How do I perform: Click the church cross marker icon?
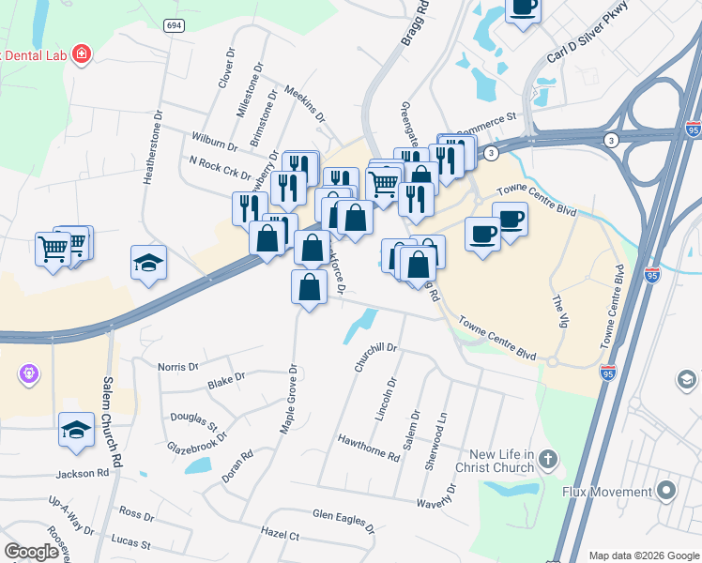coord(548,460)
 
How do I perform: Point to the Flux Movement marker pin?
coord(666,491)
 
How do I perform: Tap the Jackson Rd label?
coord(83,474)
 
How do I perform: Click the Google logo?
coord(31,552)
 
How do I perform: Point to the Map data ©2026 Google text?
coord(643,555)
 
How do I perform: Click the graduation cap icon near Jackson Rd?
coord(76,430)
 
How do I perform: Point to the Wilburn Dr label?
coord(213,142)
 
